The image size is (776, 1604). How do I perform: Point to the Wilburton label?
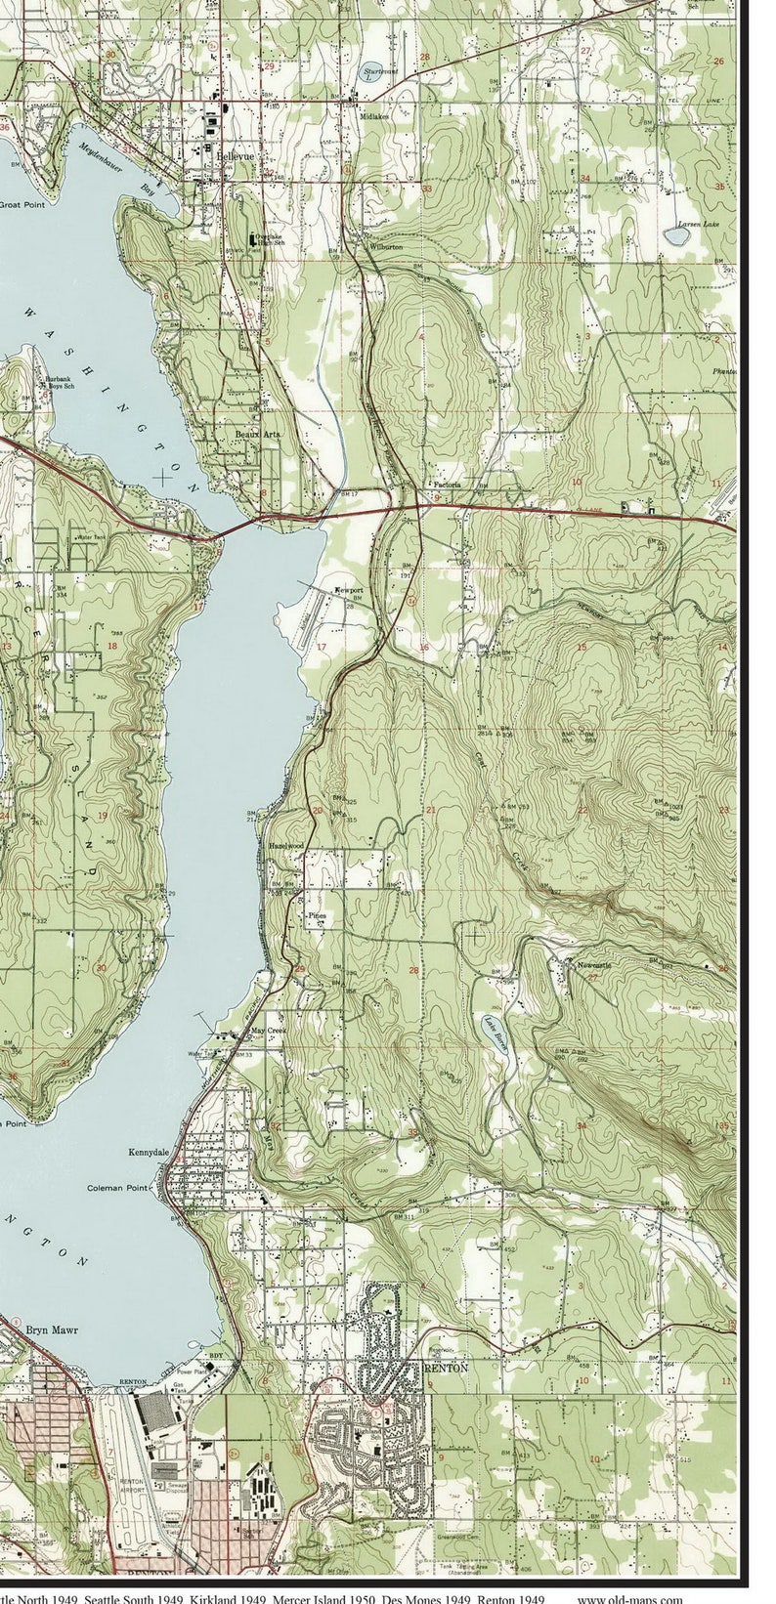click(386, 247)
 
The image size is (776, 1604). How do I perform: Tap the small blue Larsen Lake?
click(676, 234)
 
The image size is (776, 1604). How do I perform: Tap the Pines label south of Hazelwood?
click(316, 916)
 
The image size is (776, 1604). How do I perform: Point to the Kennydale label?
click(150, 1153)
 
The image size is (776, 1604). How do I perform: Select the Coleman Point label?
click(117, 1188)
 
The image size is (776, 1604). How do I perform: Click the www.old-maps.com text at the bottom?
click(629, 1598)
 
